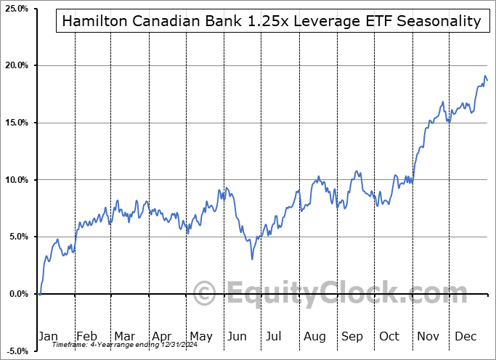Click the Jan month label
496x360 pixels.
(47, 336)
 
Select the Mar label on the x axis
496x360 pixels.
(123, 336)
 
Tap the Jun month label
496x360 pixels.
(237, 336)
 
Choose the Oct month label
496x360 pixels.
(389, 336)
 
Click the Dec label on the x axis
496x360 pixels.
(465, 336)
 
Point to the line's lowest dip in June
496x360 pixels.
(252, 259)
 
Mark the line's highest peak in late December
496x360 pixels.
(485, 75)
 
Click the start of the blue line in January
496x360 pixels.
(39, 294)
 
